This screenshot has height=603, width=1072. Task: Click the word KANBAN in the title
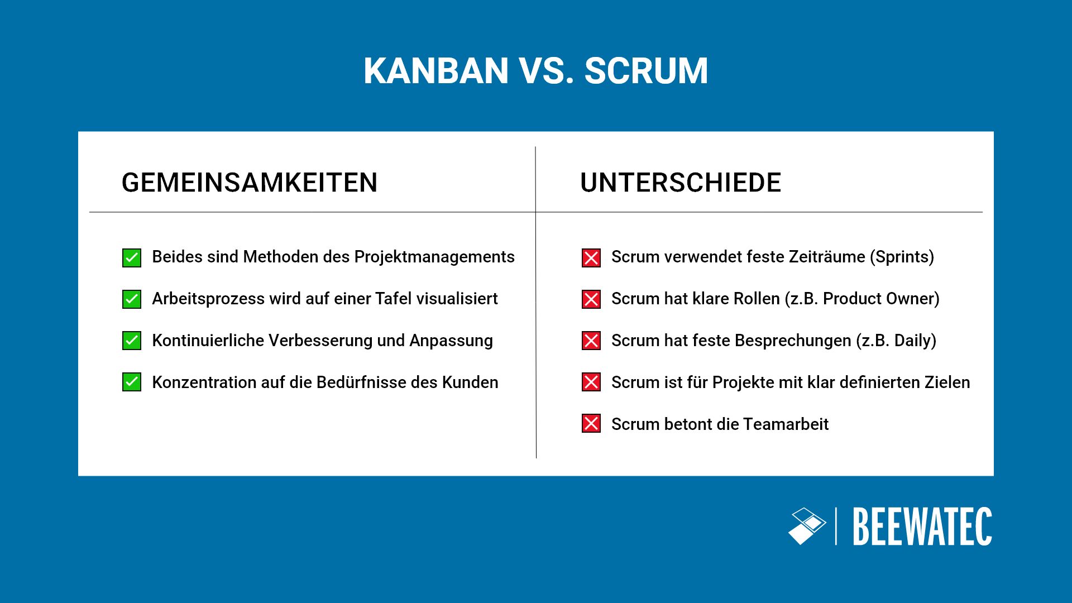pos(436,71)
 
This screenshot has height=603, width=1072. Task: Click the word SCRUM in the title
pos(646,71)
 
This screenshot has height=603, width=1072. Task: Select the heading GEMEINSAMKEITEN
pos(250,183)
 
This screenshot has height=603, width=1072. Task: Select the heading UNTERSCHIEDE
pos(681,183)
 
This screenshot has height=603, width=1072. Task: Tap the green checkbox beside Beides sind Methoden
pos(132,258)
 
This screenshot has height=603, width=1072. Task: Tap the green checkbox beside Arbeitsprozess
pos(132,299)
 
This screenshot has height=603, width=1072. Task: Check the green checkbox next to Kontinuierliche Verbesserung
pos(132,341)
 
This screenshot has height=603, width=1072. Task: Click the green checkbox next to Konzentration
pos(132,382)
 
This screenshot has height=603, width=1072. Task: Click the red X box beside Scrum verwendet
pos(591,258)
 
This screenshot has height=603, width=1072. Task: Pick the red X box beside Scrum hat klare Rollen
pos(591,299)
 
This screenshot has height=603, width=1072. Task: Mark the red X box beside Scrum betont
pos(591,424)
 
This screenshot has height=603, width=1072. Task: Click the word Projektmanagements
pos(434,257)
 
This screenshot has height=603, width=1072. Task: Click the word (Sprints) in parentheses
pos(902,257)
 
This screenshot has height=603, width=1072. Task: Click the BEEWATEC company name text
pos(922,527)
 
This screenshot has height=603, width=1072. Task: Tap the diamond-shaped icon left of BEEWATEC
pos(807,526)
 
